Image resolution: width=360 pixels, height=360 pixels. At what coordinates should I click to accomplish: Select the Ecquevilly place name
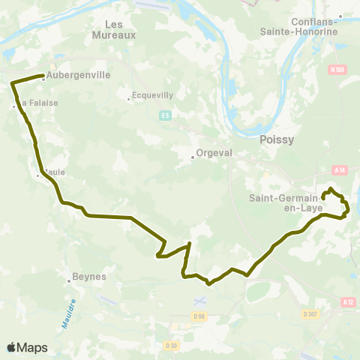(x=152, y=95)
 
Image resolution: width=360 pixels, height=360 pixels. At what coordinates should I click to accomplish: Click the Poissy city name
(x=275, y=139)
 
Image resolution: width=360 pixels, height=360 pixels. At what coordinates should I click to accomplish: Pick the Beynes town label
(x=91, y=277)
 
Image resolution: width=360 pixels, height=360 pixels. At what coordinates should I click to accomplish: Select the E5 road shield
(x=165, y=115)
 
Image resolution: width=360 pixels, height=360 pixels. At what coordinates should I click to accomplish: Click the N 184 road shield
(x=337, y=70)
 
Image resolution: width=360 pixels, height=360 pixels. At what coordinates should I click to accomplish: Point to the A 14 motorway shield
(x=341, y=170)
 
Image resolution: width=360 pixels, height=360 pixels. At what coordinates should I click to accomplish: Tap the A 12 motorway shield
(x=346, y=301)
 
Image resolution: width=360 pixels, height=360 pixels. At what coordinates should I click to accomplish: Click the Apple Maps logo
(x=27, y=347)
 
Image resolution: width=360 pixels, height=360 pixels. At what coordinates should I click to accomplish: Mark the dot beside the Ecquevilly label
(x=129, y=95)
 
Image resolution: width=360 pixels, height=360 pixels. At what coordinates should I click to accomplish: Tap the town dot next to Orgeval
(x=192, y=156)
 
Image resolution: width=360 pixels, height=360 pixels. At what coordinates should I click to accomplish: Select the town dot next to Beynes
(x=70, y=280)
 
